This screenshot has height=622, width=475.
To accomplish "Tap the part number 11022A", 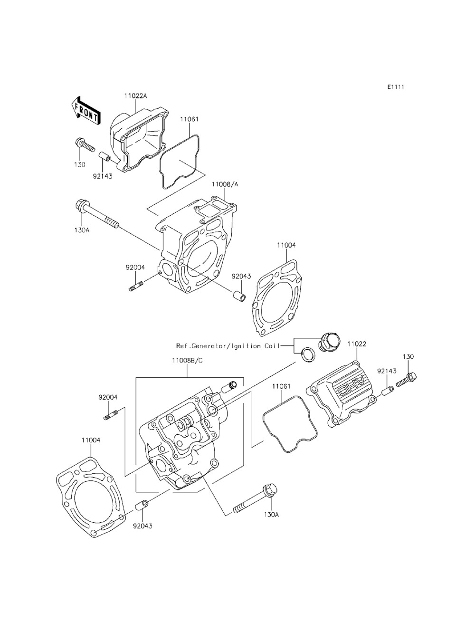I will [136, 96].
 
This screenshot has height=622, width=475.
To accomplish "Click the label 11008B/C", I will [187, 361].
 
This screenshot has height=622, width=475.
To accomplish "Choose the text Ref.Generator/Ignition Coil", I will [227, 346].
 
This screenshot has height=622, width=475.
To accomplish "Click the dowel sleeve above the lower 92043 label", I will [142, 505].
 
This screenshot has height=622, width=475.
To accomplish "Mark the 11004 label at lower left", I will [90, 440].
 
